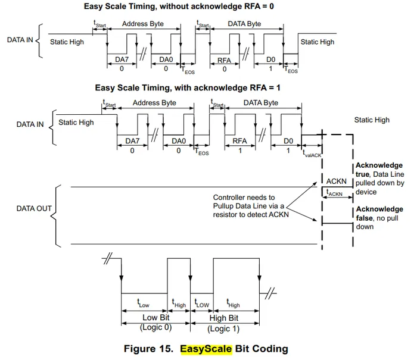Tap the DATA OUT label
click(34, 209)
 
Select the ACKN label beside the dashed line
click(337, 180)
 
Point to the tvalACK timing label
click(312, 154)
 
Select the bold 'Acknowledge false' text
click(379, 214)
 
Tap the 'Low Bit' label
click(154, 317)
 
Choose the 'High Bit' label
click(225, 317)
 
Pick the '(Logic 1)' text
click(225, 327)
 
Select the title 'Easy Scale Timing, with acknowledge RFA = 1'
click(188, 87)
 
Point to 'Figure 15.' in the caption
click(149, 349)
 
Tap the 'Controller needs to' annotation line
click(244, 197)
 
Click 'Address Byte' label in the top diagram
click(144, 24)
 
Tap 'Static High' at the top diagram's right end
click(318, 42)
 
